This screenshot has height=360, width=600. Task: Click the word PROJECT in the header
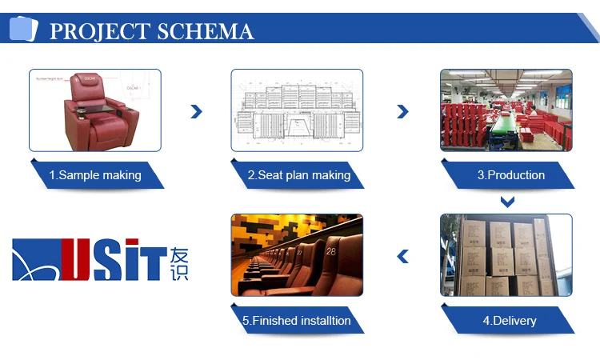pos(99,31)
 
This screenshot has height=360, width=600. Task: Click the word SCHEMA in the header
pos(206,31)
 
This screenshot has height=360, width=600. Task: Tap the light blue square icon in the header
pos(23,29)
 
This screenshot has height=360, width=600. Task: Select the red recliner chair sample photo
pos(95,110)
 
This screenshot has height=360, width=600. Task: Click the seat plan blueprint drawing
pos(297,110)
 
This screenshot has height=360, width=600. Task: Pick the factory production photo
pos(506,110)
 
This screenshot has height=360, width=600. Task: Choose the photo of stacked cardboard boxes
pos(506,255)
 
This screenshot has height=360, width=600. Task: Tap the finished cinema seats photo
pos(297,255)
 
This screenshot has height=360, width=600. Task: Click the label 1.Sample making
pos(95,175)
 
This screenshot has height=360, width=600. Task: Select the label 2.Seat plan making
pos(298,175)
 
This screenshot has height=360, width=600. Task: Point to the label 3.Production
pos(511,175)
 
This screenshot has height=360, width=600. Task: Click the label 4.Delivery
pos(510,321)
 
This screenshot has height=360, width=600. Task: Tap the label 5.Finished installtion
pos(297,321)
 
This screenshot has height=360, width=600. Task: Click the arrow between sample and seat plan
pos(196,112)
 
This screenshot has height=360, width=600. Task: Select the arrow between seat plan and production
pos(402,112)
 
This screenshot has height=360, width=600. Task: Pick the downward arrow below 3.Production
pos(506,201)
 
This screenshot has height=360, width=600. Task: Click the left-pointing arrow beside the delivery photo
pos(403,256)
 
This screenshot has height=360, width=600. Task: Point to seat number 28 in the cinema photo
pos(331,251)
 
